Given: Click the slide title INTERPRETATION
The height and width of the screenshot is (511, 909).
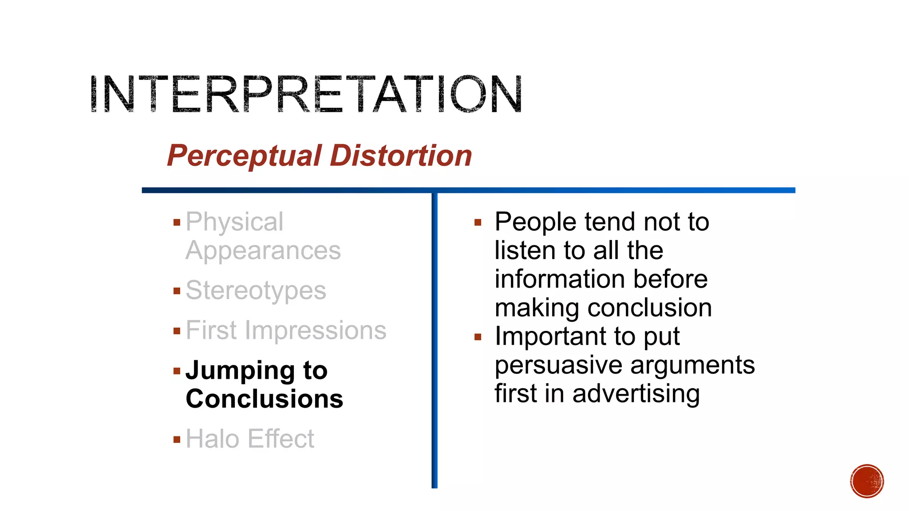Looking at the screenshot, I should point(306,94).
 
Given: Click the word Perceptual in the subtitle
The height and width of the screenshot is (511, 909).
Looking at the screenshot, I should point(244,156).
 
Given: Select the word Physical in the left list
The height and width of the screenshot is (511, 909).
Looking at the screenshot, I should point(234,222).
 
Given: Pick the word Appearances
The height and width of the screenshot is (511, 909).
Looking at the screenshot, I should point(263,251).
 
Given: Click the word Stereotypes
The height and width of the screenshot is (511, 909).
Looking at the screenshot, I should point(256,291).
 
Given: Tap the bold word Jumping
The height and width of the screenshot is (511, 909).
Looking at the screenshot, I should point(240,371).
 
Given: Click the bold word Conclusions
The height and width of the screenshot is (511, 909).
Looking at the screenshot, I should point(265,399).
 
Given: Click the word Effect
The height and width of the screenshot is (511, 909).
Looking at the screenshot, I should point(281,439).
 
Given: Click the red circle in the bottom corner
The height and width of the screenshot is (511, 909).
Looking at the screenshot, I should point(867,481).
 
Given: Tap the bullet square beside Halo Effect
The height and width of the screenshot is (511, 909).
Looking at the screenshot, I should point(177,440).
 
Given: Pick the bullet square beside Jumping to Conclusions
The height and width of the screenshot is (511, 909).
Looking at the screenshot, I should point(177,371).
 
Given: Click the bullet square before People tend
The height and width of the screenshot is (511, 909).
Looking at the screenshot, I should point(478,222).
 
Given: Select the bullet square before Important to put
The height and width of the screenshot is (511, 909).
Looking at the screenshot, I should point(478,337).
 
